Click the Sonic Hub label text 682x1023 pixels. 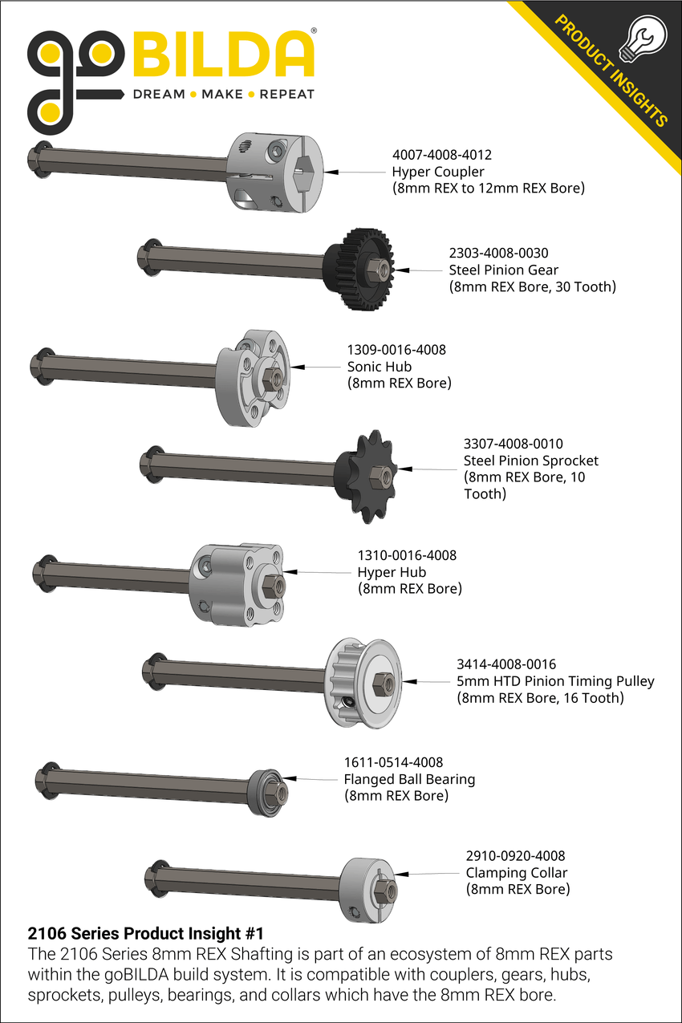(380, 367)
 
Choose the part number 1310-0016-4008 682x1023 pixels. (407, 554)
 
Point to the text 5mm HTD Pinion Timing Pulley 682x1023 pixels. (555, 681)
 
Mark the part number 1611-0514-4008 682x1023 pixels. (393, 762)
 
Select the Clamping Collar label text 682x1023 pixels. (517, 873)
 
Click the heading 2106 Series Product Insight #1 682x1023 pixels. (145, 934)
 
